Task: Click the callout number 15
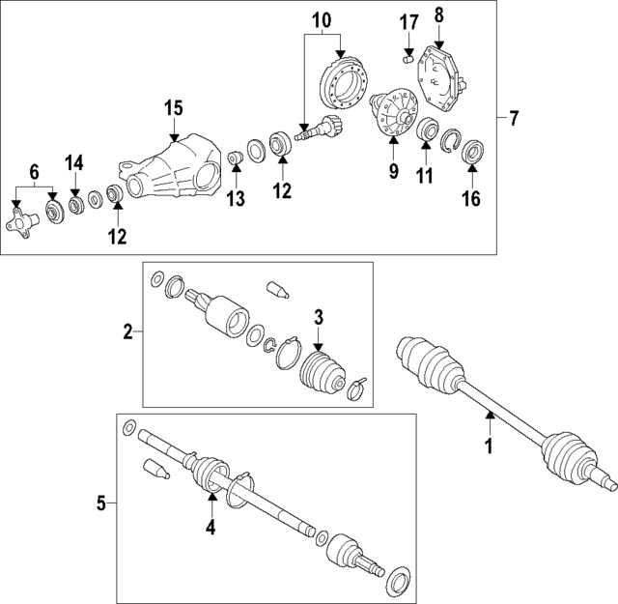173,108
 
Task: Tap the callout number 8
439,14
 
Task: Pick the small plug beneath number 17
407,59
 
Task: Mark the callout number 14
74,161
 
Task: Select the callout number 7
514,119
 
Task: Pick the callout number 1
489,446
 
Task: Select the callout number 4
211,528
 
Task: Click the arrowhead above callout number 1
489,415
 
